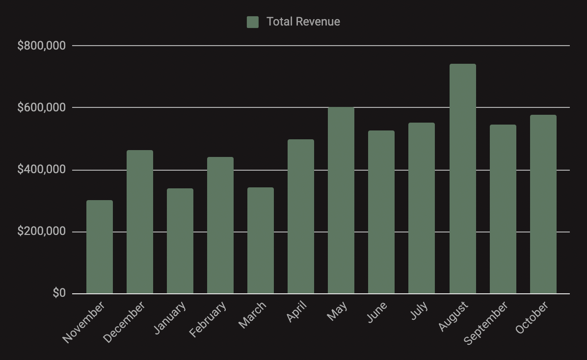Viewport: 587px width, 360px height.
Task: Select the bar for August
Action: coord(462,179)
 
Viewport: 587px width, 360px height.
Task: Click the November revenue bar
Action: coord(100,247)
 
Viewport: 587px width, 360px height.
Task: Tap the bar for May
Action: coord(341,201)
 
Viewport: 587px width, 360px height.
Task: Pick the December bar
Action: coord(140,222)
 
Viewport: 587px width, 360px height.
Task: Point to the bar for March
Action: coord(261,240)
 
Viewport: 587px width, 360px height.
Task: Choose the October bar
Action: coord(543,205)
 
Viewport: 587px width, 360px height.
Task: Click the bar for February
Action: coord(220,225)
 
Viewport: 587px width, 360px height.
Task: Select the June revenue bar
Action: coord(381,212)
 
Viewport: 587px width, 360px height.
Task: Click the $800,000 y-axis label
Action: coord(41,46)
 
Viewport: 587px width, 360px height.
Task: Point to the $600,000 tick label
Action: coord(41,107)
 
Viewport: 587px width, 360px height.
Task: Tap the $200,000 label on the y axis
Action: coord(41,231)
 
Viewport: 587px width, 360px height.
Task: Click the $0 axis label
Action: coord(59,293)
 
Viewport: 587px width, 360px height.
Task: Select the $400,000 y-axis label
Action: coord(41,170)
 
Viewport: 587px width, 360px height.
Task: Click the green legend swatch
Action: coord(253,22)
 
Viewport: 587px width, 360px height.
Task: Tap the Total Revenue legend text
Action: coord(303,22)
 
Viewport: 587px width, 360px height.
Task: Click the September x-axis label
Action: coord(486,323)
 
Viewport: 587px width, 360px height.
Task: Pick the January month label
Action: coord(170,318)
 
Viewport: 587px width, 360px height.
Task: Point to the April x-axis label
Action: coord(296,312)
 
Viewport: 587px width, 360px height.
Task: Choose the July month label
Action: coord(419,310)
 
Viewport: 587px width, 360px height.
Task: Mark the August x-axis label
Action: coord(454,316)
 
